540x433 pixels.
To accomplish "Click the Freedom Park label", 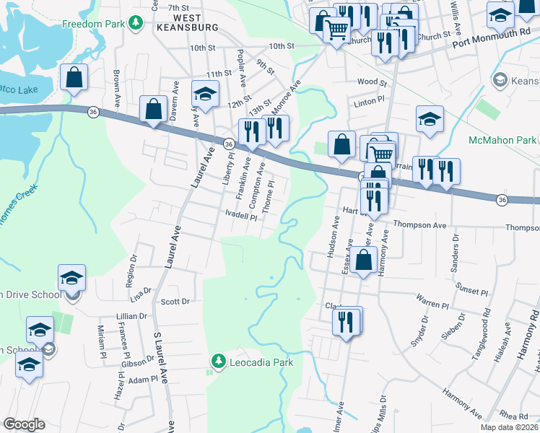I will click(x=93, y=24).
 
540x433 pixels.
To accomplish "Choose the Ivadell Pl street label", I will click(x=241, y=215).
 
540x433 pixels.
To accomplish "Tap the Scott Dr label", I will click(x=175, y=302).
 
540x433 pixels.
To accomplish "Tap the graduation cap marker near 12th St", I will click(x=205, y=95).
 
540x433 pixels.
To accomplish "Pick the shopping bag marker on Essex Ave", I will click(x=365, y=259).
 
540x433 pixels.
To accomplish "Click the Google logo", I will click(x=25, y=424).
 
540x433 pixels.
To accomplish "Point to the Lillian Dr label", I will click(x=132, y=316).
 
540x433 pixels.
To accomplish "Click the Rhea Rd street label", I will click(x=513, y=415).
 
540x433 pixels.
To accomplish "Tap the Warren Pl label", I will click(x=432, y=297).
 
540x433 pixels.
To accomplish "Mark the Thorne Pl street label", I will click(x=270, y=196).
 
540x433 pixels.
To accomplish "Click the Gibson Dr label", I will click(x=134, y=362).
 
